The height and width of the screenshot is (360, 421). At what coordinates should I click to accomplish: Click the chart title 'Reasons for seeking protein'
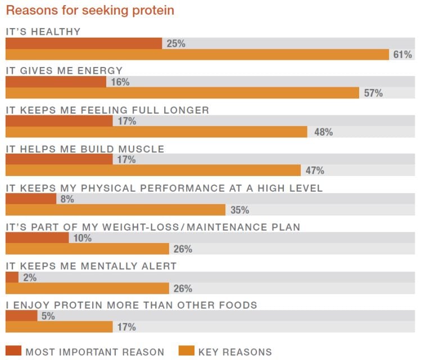click(90, 11)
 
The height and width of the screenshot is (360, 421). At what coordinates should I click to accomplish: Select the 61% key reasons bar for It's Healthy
click(197, 55)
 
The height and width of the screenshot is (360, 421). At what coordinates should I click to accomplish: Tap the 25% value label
click(176, 43)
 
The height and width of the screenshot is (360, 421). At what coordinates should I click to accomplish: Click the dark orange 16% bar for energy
click(56, 82)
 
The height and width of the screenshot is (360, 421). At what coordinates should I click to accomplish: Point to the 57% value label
click(373, 93)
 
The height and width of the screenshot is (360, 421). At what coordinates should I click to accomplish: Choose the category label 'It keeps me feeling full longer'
click(107, 110)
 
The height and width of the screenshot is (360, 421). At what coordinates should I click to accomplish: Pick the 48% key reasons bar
click(156, 132)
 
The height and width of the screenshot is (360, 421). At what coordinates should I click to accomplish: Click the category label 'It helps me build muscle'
click(85, 149)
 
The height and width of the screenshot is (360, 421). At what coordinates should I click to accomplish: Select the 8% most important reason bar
click(31, 199)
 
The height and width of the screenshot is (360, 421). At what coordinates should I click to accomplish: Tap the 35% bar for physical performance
click(115, 210)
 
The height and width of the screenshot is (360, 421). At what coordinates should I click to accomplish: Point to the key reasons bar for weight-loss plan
click(87, 249)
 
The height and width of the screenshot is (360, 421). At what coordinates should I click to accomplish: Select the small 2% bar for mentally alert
click(12, 277)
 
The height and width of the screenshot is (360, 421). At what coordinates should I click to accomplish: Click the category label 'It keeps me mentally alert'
click(91, 266)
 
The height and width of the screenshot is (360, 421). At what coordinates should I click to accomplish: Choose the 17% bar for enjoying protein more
click(59, 327)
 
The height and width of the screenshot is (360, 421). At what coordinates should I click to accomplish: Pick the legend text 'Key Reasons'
click(234, 352)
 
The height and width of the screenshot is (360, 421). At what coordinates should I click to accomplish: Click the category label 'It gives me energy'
click(64, 71)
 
